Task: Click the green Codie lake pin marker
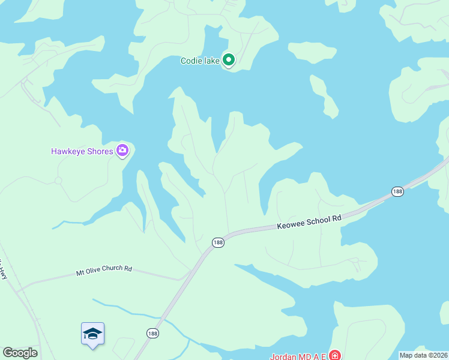pos(228,59)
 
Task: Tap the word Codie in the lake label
pos(192,61)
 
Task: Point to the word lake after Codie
pos(211,61)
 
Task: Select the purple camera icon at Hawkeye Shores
pos(122,150)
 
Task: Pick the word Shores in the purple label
pos(99,151)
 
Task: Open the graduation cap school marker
pos(92,334)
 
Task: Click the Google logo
pos(20,352)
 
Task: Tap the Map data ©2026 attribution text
pos(424,355)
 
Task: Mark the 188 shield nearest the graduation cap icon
pos(152,333)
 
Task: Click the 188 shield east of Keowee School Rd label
pos(397,191)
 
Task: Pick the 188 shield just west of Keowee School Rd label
pos(218,242)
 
